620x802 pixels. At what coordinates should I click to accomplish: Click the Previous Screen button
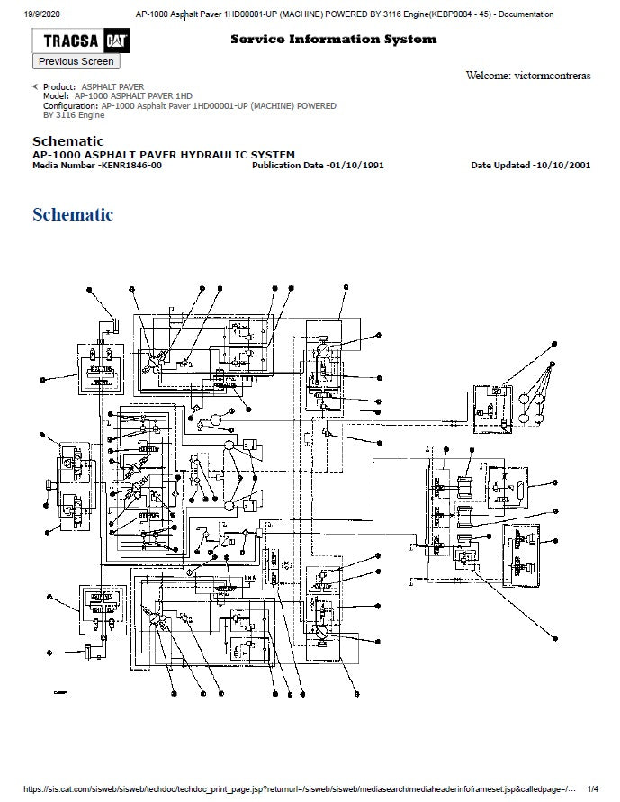pos(76,61)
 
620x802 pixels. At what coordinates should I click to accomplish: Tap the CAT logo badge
pos(113,41)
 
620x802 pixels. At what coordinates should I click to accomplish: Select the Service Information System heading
pos(333,39)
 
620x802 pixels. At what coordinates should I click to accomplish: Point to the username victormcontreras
pos(552,76)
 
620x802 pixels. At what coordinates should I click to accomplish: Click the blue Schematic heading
pos(73,214)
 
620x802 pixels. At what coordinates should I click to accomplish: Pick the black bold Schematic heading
pos(68,141)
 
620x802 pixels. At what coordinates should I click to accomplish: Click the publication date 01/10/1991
pos(355,165)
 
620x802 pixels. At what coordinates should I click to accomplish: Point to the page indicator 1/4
pos(592,788)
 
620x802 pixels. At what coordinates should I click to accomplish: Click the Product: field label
pos(59,87)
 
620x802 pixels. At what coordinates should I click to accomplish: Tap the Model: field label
pos(56,96)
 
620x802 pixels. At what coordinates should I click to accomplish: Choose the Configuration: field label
pos(71,105)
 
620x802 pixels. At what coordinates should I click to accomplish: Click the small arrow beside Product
pos(35,86)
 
